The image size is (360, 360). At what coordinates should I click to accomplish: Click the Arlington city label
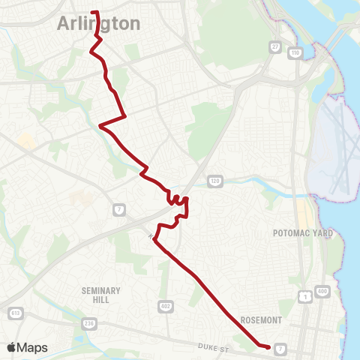pyautogui.click(x=98, y=24)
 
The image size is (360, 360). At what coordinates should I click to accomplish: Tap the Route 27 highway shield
pyautogui.click(x=274, y=46)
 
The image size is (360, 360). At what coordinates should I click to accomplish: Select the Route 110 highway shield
pyautogui.click(x=295, y=53)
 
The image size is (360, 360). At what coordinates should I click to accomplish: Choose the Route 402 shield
pyautogui.click(x=164, y=306)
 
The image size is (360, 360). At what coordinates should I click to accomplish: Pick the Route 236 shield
pyautogui.click(x=88, y=323)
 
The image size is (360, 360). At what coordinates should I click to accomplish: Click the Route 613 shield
pyautogui.click(x=14, y=312)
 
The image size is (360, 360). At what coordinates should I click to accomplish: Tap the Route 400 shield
pyautogui.click(x=323, y=290)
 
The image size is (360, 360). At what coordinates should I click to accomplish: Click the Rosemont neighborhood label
pyautogui.click(x=260, y=319)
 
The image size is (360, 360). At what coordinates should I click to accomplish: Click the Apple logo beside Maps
pyautogui.click(x=12, y=347)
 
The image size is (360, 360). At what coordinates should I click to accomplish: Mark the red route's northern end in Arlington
pyautogui.click(x=93, y=12)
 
